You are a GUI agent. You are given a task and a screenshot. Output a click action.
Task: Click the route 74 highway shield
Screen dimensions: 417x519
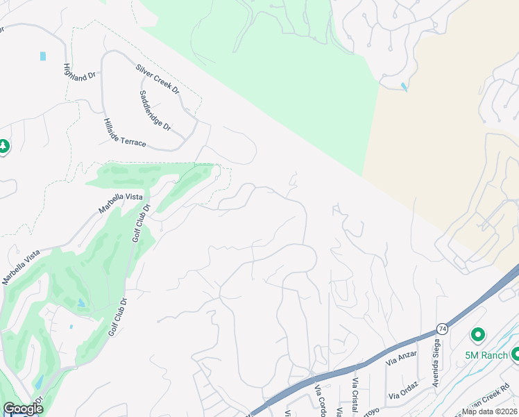442,327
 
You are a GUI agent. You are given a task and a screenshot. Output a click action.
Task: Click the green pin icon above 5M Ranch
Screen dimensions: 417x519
477,336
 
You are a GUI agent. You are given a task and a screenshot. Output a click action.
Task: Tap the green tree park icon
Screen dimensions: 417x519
3,147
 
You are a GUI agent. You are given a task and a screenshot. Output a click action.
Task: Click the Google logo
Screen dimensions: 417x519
23,409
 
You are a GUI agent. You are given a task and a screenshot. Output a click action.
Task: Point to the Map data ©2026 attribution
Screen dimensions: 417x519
489,411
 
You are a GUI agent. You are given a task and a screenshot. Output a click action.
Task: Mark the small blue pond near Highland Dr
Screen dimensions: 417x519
44,56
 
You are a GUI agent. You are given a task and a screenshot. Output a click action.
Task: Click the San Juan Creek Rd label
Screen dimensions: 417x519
486,395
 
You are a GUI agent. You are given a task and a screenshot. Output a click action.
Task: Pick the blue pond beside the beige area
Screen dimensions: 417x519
405,87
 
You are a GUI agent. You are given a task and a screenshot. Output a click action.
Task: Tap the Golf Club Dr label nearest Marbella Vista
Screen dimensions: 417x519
142,223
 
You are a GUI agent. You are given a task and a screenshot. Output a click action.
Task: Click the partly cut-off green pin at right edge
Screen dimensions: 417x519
515,354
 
